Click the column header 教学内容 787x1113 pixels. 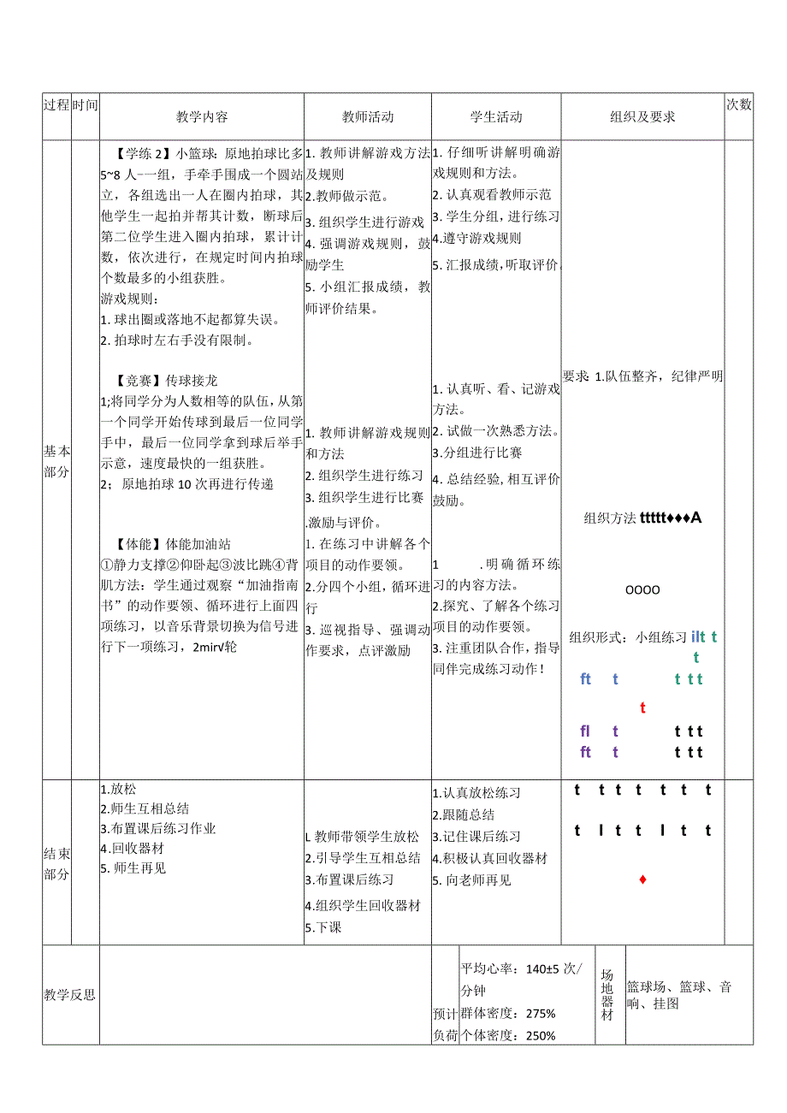click(202, 116)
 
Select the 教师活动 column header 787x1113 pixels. click(368, 116)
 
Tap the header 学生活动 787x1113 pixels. click(496, 116)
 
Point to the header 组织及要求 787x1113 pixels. click(642, 116)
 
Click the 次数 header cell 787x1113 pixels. click(738, 105)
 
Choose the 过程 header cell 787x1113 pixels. click(56, 105)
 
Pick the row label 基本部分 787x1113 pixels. click(56, 460)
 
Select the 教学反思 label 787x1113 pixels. click(69, 994)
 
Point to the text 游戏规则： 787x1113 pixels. click(128, 299)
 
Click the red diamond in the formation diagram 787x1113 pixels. click(642, 879)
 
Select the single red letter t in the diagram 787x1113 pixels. click(642, 708)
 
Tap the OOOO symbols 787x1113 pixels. click(642, 590)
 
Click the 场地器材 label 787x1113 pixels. click(607, 994)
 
